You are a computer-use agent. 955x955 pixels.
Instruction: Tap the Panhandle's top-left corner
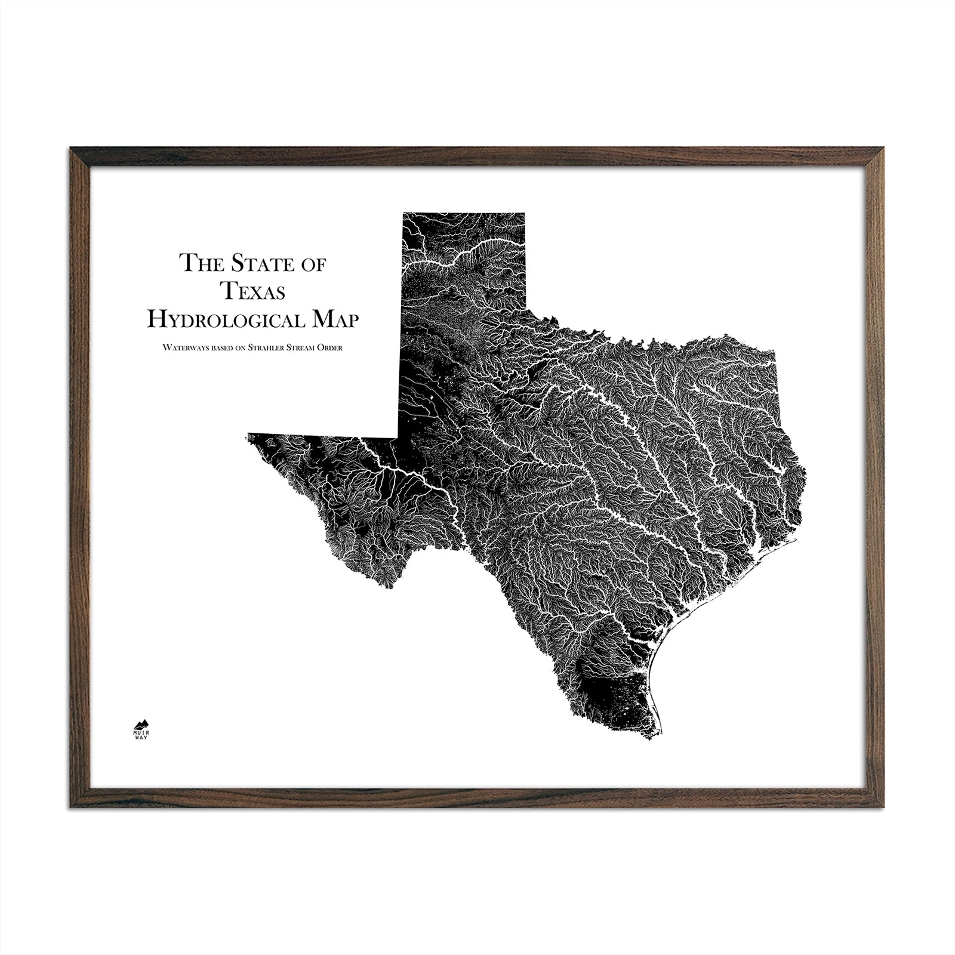coord(403,213)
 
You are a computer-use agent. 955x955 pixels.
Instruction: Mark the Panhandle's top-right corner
coord(525,213)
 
